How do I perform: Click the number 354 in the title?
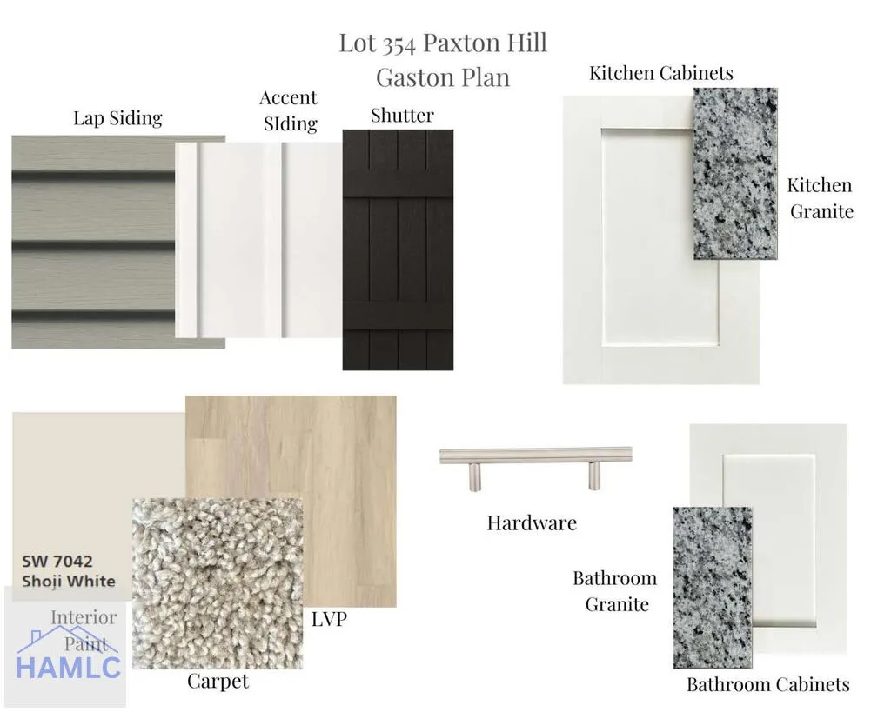point(399,44)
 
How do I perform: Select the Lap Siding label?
point(117,118)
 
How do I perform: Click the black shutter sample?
point(398,250)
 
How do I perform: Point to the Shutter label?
point(402,116)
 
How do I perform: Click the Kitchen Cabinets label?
point(661,73)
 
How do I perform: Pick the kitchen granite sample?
point(735,174)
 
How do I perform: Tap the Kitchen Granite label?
point(821,198)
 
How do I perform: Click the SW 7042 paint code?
point(57,562)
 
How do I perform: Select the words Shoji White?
point(68,582)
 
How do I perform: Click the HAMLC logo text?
point(68,667)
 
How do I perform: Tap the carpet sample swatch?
point(218,583)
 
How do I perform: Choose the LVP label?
point(329,620)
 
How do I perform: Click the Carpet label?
point(218,682)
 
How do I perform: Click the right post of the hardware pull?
point(593,476)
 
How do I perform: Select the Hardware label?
point(532,523)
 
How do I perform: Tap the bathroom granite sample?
point(713,588)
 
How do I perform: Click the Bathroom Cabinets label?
point(768,685)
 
